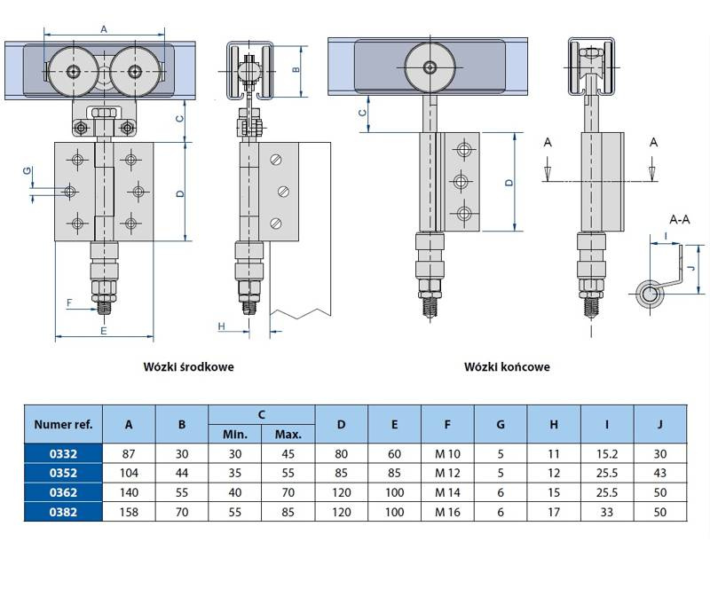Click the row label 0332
64,454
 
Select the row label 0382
64,512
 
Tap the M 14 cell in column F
446,493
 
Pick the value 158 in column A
130,512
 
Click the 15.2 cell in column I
606,454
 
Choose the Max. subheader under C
288,435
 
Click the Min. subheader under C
234,435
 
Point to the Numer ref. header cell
64,424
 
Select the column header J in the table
659,424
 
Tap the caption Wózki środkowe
189,366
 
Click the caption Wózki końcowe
507,366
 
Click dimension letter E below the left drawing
103,330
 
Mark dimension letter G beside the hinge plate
28,171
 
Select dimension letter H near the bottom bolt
222,326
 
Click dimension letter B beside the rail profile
296,69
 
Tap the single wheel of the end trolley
430,67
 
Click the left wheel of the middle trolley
73,71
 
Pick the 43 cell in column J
659,474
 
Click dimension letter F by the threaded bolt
69,302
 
